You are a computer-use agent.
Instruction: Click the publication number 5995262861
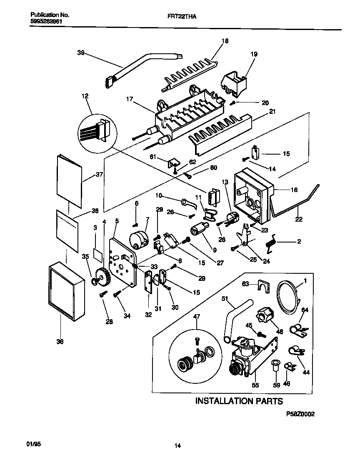[47, 21]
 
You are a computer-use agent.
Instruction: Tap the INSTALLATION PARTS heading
[239, 401]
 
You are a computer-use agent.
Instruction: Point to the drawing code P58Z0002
[300, 415]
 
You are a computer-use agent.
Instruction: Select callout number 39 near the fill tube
[81, 52]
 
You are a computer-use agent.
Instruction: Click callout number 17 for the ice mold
[130, 99]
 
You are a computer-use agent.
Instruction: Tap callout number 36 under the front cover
[60, 342]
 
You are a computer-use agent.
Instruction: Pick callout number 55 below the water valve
[255, 385]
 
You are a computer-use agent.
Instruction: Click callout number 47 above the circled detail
[197, 317]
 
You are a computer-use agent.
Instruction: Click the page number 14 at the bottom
[177, 446]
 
